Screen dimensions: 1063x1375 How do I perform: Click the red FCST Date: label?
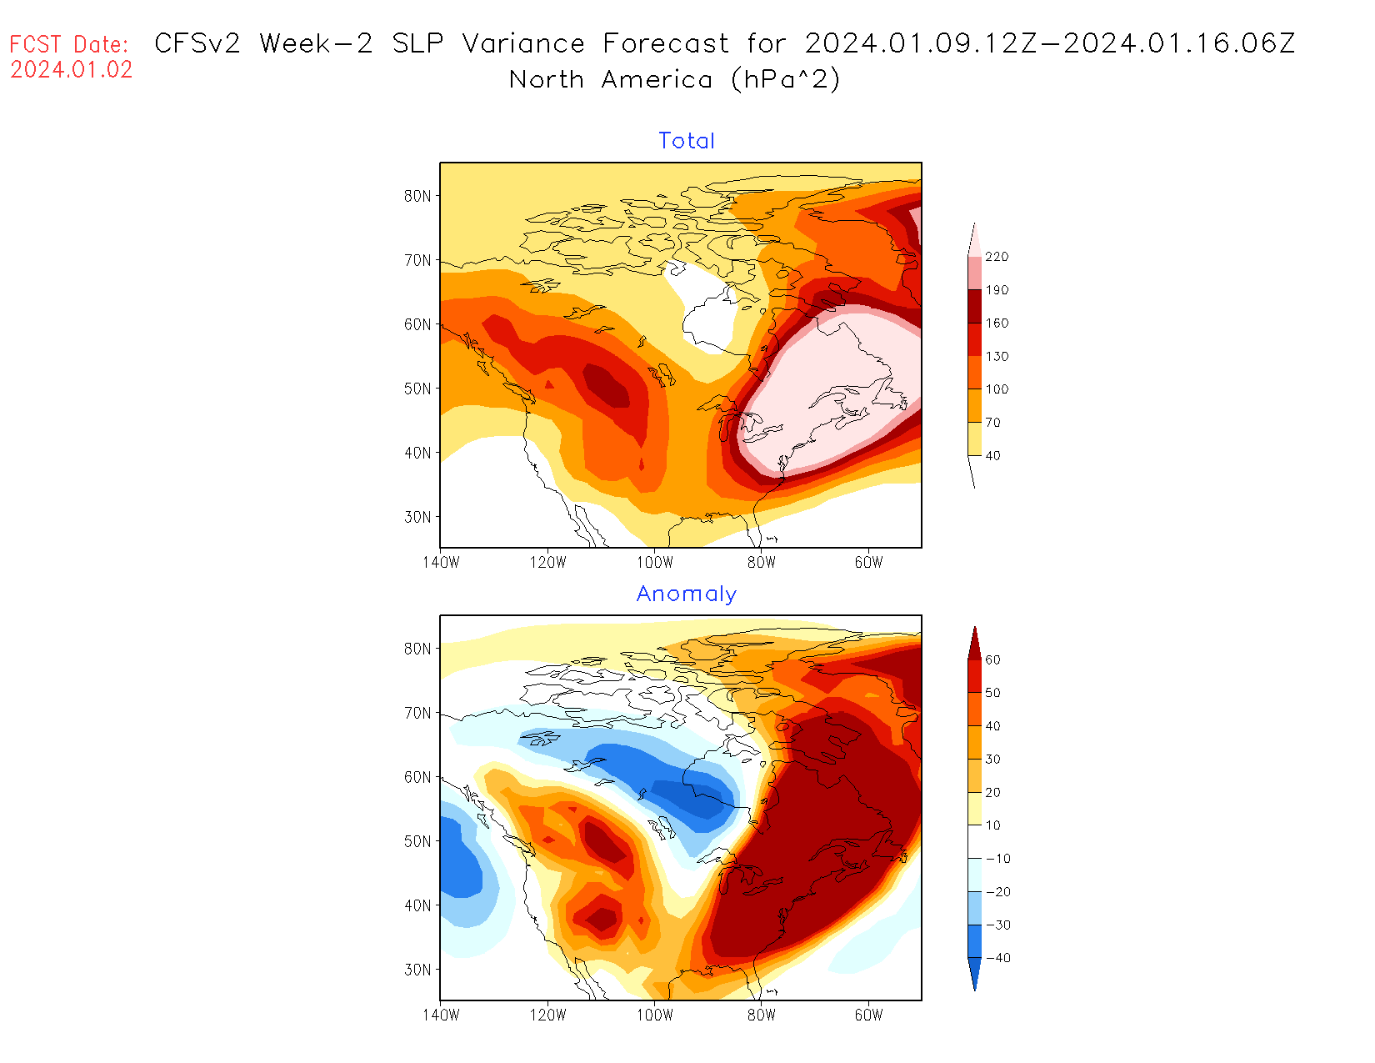click(x=69, y=44)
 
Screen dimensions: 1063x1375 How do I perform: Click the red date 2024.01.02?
click(x=72, y=69)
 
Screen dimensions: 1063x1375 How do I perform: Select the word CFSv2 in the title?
click(x=197, y=43)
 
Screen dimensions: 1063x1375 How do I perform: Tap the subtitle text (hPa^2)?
click(x=785, y=80)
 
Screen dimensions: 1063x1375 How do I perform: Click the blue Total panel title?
click(x=687, y=141)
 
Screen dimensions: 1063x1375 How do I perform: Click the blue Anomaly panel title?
click(x=687, y=594)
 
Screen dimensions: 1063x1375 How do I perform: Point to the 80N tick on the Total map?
click(x=417, y=197)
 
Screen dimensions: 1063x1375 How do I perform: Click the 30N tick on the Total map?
click(x=417, y=517)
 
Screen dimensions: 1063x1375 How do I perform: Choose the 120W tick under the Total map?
click(x=547, y=563)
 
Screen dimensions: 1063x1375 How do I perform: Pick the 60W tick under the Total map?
click(x=868, y=563)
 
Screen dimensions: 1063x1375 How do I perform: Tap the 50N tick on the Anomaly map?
click(x=417, y=841)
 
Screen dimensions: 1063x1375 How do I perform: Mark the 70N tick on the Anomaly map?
click(x=417, y=714)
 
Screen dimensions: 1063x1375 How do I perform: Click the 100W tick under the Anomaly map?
click(x=654, y=1015)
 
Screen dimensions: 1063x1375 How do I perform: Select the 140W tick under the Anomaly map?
click(x=441, y=1015)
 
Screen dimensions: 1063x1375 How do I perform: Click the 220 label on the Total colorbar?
click(x=997, y=257)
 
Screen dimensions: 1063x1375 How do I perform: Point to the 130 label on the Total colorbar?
click(x=997, y=357)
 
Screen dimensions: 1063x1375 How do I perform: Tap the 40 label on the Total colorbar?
click(x=992, y=456)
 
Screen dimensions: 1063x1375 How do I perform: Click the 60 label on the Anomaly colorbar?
click(x=992, y=660)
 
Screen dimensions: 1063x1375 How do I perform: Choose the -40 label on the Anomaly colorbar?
click(x=997, y=958)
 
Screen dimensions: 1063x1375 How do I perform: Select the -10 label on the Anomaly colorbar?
click(x=997, y=859)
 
